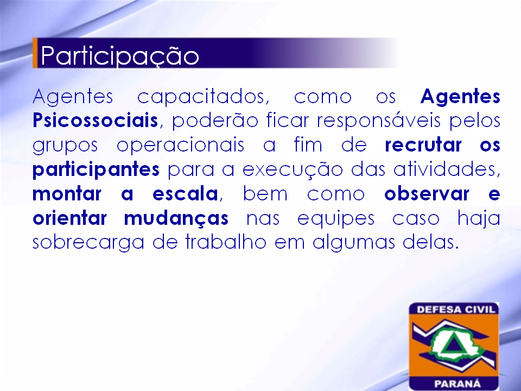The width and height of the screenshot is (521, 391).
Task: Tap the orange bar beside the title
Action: (35, 53)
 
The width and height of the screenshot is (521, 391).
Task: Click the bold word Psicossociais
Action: (96, 120)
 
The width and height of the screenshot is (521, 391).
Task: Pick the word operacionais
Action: (180, 146)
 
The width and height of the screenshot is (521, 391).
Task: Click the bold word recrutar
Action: (423, 145)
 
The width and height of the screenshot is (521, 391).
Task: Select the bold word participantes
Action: (96, 170)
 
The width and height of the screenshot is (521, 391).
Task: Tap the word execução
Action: (293, 170)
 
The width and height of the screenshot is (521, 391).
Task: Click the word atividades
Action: (447, 169)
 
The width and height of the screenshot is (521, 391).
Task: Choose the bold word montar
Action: (67, 194)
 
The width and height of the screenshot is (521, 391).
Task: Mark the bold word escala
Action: (185, 193)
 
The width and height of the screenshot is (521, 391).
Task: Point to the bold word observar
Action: (427, 193)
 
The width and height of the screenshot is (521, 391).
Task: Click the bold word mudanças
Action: (176, 219)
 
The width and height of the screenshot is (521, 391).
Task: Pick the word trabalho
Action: (226, 242)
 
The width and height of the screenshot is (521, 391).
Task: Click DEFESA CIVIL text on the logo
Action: (456, 310)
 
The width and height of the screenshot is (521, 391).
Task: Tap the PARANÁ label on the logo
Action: (458, 384)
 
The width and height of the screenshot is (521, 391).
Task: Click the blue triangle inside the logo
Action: (450, 344)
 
